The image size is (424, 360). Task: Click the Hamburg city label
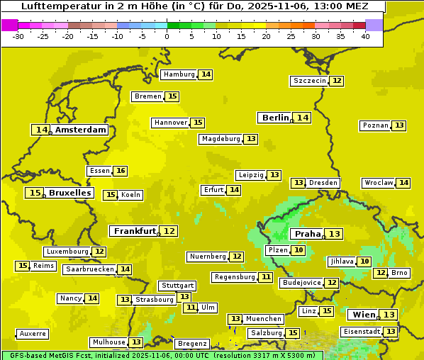pos(179,74)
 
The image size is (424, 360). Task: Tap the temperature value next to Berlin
pos(303,118)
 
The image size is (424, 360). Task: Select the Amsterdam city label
pos(81,130)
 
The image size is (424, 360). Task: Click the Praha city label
pos(308,234)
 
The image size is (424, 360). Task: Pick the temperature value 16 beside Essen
pos(121,171)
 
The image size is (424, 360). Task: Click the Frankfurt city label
pos(135,231)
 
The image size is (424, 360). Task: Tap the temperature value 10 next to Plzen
pos(299,250)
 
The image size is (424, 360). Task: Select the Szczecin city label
pos(310,81)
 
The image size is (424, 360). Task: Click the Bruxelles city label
pos(69,193)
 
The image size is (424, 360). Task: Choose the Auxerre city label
pos(33,334)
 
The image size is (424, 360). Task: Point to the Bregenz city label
pos(191,344)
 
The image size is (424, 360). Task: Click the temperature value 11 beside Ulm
pos(190,308)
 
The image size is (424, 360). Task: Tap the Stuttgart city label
pos(177,286)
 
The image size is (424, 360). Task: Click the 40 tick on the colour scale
pos(365,35)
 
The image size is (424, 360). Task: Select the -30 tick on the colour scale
pos(18,35)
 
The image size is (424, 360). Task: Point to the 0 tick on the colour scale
pos(167,35)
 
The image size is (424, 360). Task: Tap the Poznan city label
pos(376,125)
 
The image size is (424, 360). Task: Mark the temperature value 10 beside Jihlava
pos(364,261)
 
